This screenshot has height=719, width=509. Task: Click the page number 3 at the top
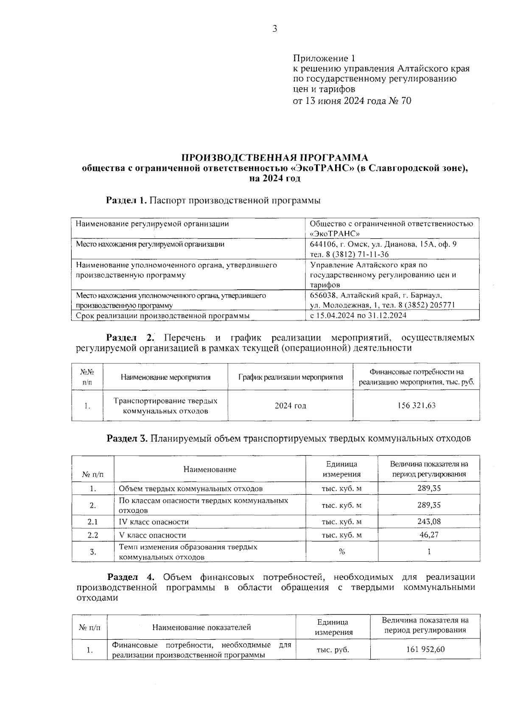(274, 29)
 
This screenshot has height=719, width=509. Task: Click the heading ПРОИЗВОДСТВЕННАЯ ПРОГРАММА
(275, 159)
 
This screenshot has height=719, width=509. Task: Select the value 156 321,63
(416, 405)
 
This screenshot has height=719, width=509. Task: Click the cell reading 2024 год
(290, 406)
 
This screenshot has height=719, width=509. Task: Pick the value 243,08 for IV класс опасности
(429, 521)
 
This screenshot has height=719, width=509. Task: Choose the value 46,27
(429, 535)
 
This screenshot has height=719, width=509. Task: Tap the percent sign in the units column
(341, 552)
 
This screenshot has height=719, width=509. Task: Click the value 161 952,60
(425, 649)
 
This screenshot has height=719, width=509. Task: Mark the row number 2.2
(92, 535)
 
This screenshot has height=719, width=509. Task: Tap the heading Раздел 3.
(126, 438)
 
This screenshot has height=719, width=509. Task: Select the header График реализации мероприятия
(291, 377)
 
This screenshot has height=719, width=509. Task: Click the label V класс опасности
(152, 535)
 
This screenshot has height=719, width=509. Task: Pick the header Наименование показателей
(201, 627)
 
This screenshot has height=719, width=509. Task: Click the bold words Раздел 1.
(126, 200)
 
